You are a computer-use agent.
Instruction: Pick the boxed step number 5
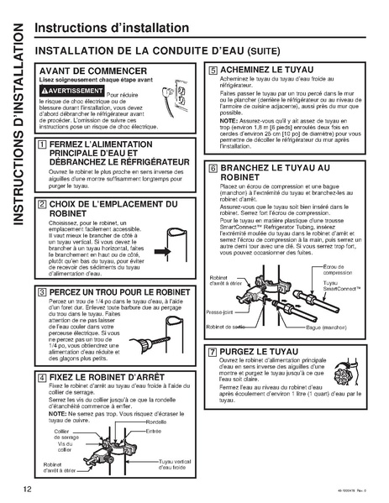tap(213, 71)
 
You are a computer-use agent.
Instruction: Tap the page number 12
tap(29, 487)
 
